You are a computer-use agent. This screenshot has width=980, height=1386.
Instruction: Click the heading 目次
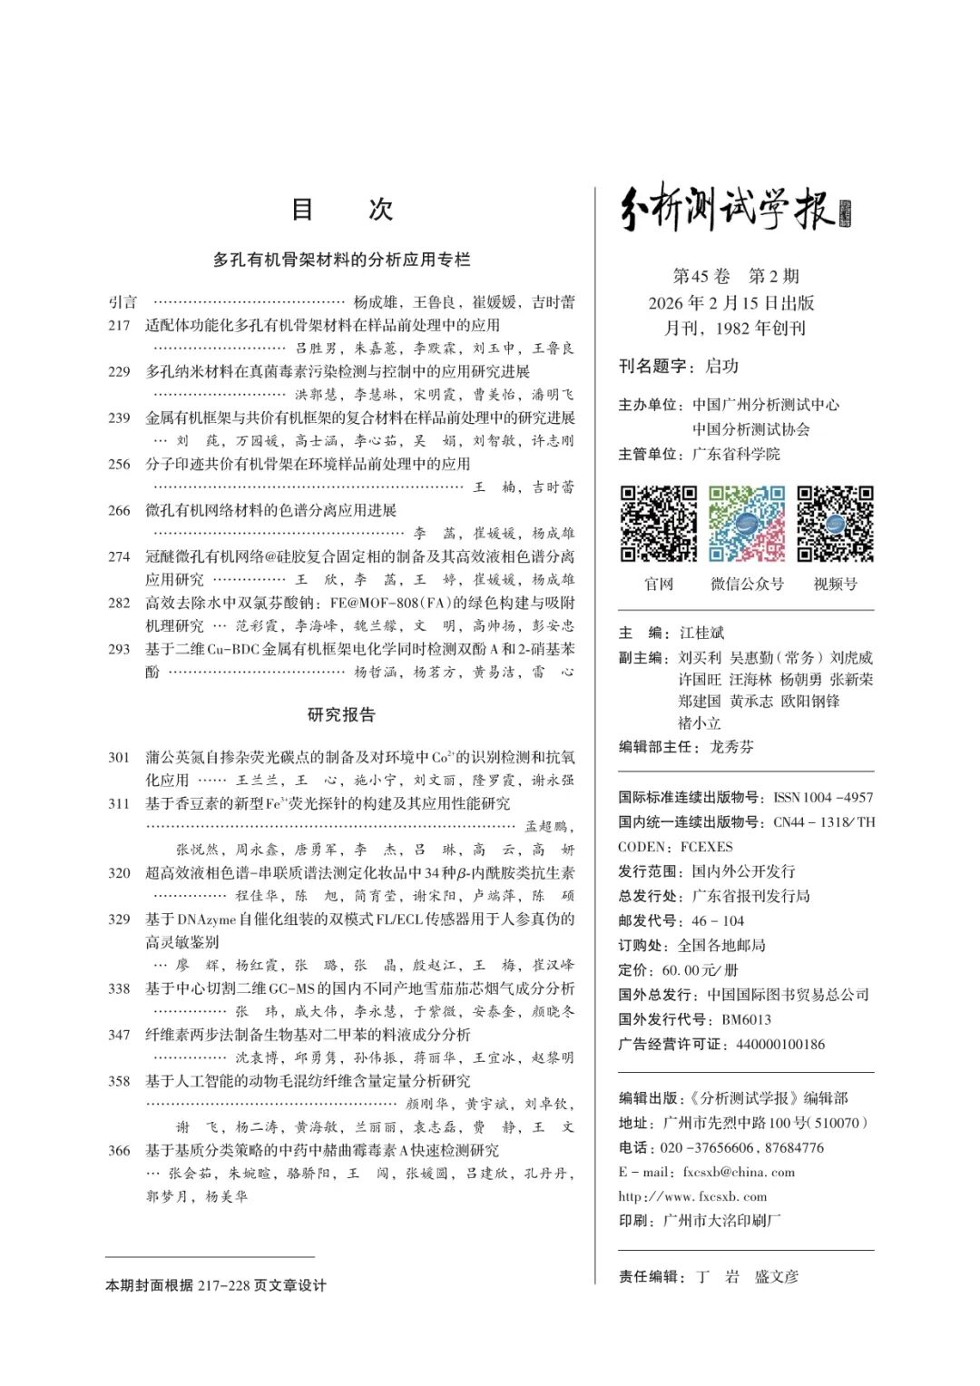coord(341,210)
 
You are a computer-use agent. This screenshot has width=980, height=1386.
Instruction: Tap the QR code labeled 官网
coord(659,524)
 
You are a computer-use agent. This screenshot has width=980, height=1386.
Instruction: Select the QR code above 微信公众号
coord(747,524)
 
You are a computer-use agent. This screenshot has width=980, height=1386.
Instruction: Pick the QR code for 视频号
coord(835,524)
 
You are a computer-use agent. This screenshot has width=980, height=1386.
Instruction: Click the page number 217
coord(119,325)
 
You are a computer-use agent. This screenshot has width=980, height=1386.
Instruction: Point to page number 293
coord(119,649)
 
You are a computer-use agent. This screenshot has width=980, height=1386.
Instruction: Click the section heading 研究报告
coord(341,715)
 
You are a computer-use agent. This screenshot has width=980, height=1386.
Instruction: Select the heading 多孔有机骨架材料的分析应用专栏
coord(341,260)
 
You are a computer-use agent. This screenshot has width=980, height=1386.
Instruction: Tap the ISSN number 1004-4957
coord(823,797)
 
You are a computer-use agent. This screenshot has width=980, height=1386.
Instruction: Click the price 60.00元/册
coord(700,970)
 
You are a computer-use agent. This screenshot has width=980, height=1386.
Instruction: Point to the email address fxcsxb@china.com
coord(739,1172)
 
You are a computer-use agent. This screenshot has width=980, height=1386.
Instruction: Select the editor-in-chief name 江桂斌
coord(701,633)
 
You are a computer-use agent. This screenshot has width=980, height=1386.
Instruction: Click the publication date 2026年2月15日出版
coord(731,302)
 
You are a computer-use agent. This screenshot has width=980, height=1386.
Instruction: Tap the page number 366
coord(119,1150)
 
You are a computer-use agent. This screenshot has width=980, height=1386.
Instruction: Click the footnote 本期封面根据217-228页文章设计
coord(216,1285)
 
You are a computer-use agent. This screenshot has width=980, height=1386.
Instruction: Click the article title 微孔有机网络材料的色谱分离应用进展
coord(271,510)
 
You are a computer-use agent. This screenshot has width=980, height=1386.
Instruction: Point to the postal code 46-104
coord(718,920)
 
